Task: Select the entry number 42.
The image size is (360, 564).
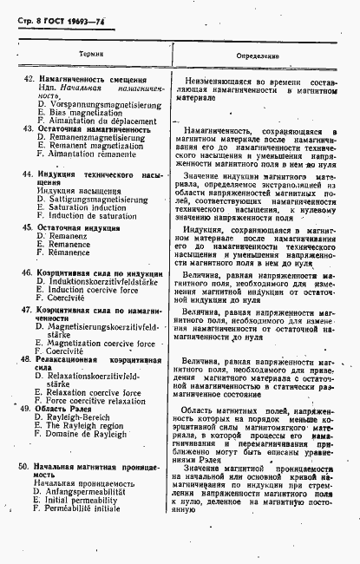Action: (29, 81)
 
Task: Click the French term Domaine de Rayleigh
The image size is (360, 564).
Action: (88, 433)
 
